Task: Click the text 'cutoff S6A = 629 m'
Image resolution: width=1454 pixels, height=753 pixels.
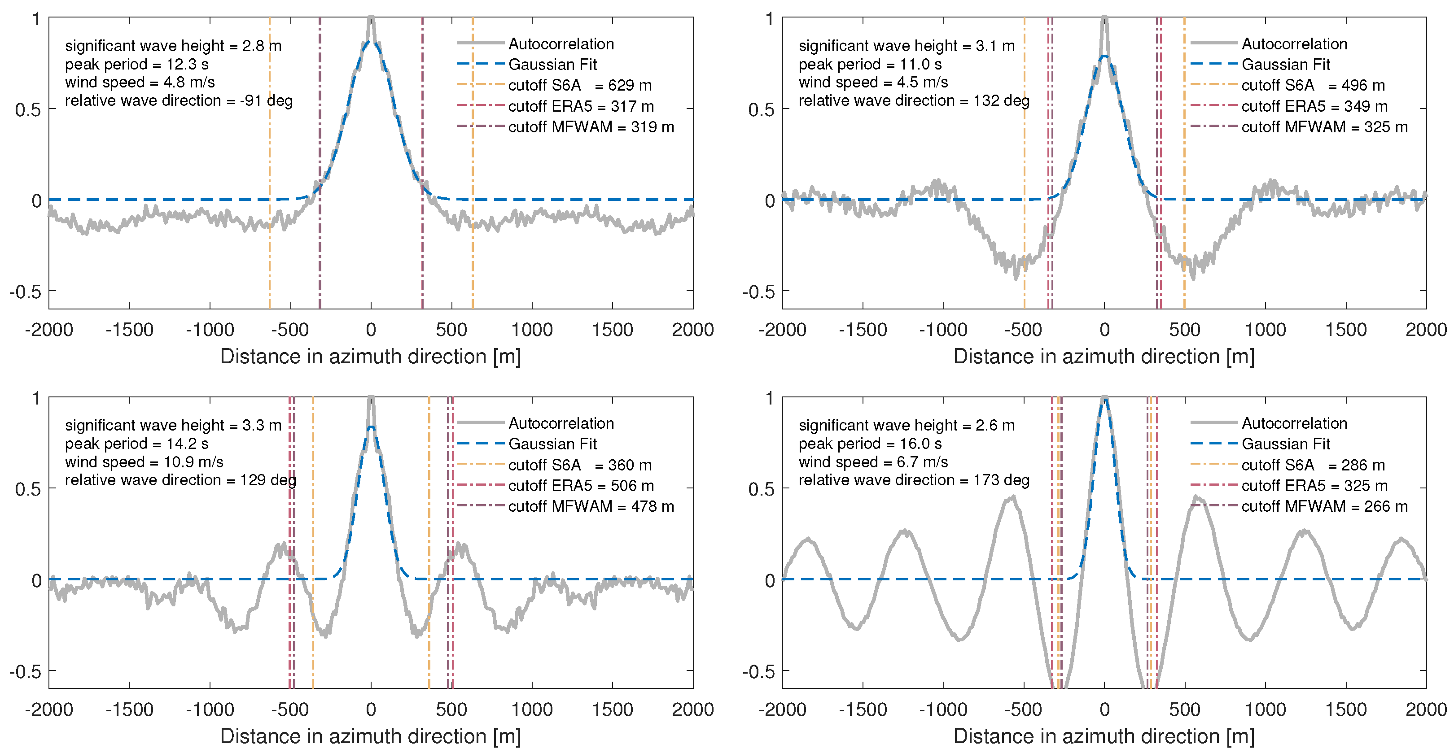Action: pos(580,85)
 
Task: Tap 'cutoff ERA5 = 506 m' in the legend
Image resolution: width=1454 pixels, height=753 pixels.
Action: pos(581,486)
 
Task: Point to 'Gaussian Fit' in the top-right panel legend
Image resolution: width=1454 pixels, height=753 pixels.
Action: pos(1285,64)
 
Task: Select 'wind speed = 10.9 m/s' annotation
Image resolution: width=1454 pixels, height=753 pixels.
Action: pos(144,462)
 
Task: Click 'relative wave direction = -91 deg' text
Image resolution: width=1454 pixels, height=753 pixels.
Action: pos(178,101)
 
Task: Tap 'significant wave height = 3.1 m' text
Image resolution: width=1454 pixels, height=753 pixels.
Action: pos(906,46)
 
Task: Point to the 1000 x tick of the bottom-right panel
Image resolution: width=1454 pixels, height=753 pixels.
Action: pos(1265,709)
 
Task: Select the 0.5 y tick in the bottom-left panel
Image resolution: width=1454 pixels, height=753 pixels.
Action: pos(28,489)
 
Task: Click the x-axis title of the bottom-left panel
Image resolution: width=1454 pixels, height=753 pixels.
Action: pos(370,736)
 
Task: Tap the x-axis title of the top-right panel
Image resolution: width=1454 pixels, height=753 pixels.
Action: pos(1104,357)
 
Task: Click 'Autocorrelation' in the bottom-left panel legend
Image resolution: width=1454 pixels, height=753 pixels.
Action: pos(561,424)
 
